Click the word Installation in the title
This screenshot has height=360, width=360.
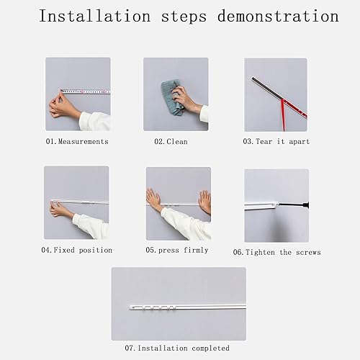coord(95,16)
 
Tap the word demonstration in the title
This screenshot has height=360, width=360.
coord(278,16)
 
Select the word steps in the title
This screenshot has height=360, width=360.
coord(184,17)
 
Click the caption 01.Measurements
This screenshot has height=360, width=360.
coord(77,141)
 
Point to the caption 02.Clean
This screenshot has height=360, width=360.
coord(171,141)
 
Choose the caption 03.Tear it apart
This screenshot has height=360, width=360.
coord(276,141)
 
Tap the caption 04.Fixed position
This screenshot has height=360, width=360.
coord(77,250)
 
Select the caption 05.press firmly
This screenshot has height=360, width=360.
coord(177,250)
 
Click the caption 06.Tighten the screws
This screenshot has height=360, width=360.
coord(276,252)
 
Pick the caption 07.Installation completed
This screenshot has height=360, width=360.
coord(177,348)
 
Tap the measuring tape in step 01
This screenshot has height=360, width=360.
coord(86,91)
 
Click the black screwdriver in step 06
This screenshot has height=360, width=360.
coord(293,205)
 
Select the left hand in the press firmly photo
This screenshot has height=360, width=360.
coord(153,199)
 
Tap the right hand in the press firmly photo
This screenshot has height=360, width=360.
coord(205,202)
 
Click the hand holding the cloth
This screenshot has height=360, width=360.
coord(184,99)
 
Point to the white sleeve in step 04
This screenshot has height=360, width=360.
coord(91,226)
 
